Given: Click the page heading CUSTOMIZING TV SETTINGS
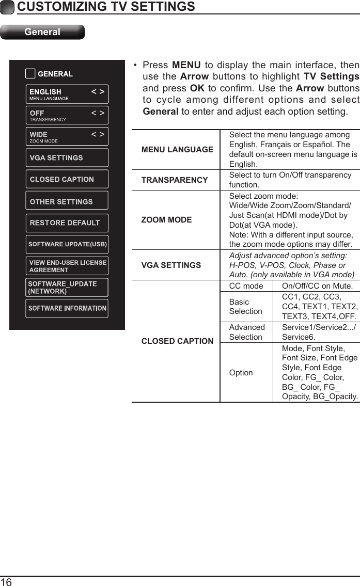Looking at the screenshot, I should pyautogui.click(x=106, y=7).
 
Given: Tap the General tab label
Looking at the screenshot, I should pyautogui.click(x=42, y=32).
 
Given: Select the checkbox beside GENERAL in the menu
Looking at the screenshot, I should pyautogui.click(x=30, y=74).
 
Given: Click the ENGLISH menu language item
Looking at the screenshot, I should pyautogui.click(x=67, y=94).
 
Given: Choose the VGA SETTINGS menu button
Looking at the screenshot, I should pyautogui.click(x=67, y=158).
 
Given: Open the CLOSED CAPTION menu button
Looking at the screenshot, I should pyautogui.click(x=67, y=180).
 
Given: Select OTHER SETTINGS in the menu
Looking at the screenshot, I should pyautogui.click(x=67, y=201).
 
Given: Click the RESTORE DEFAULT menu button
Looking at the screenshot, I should pyautogui.click(x=67, y=223).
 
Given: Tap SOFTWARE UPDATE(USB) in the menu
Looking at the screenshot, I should pyautogui.click(x=67, y=244).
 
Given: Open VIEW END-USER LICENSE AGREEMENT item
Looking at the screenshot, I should pyautogui.click(x=67, y=266).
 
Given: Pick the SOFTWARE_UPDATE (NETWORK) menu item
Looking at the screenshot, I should pyautogui.click(x=67, y=287).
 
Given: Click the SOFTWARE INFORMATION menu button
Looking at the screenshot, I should pyautogui.click(x=67, y=308).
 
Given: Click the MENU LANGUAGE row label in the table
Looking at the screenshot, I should pyautogui.click(x=177, y=150).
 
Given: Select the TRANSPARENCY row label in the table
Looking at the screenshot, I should pyautogui.click(x=175, y=180).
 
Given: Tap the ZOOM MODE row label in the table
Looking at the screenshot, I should pyautogui.click(x=166, y=220).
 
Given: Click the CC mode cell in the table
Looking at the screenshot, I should pyautogui.click(x=246, y=287).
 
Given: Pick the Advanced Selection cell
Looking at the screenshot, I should pyautogui.click(x=247, y=332).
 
